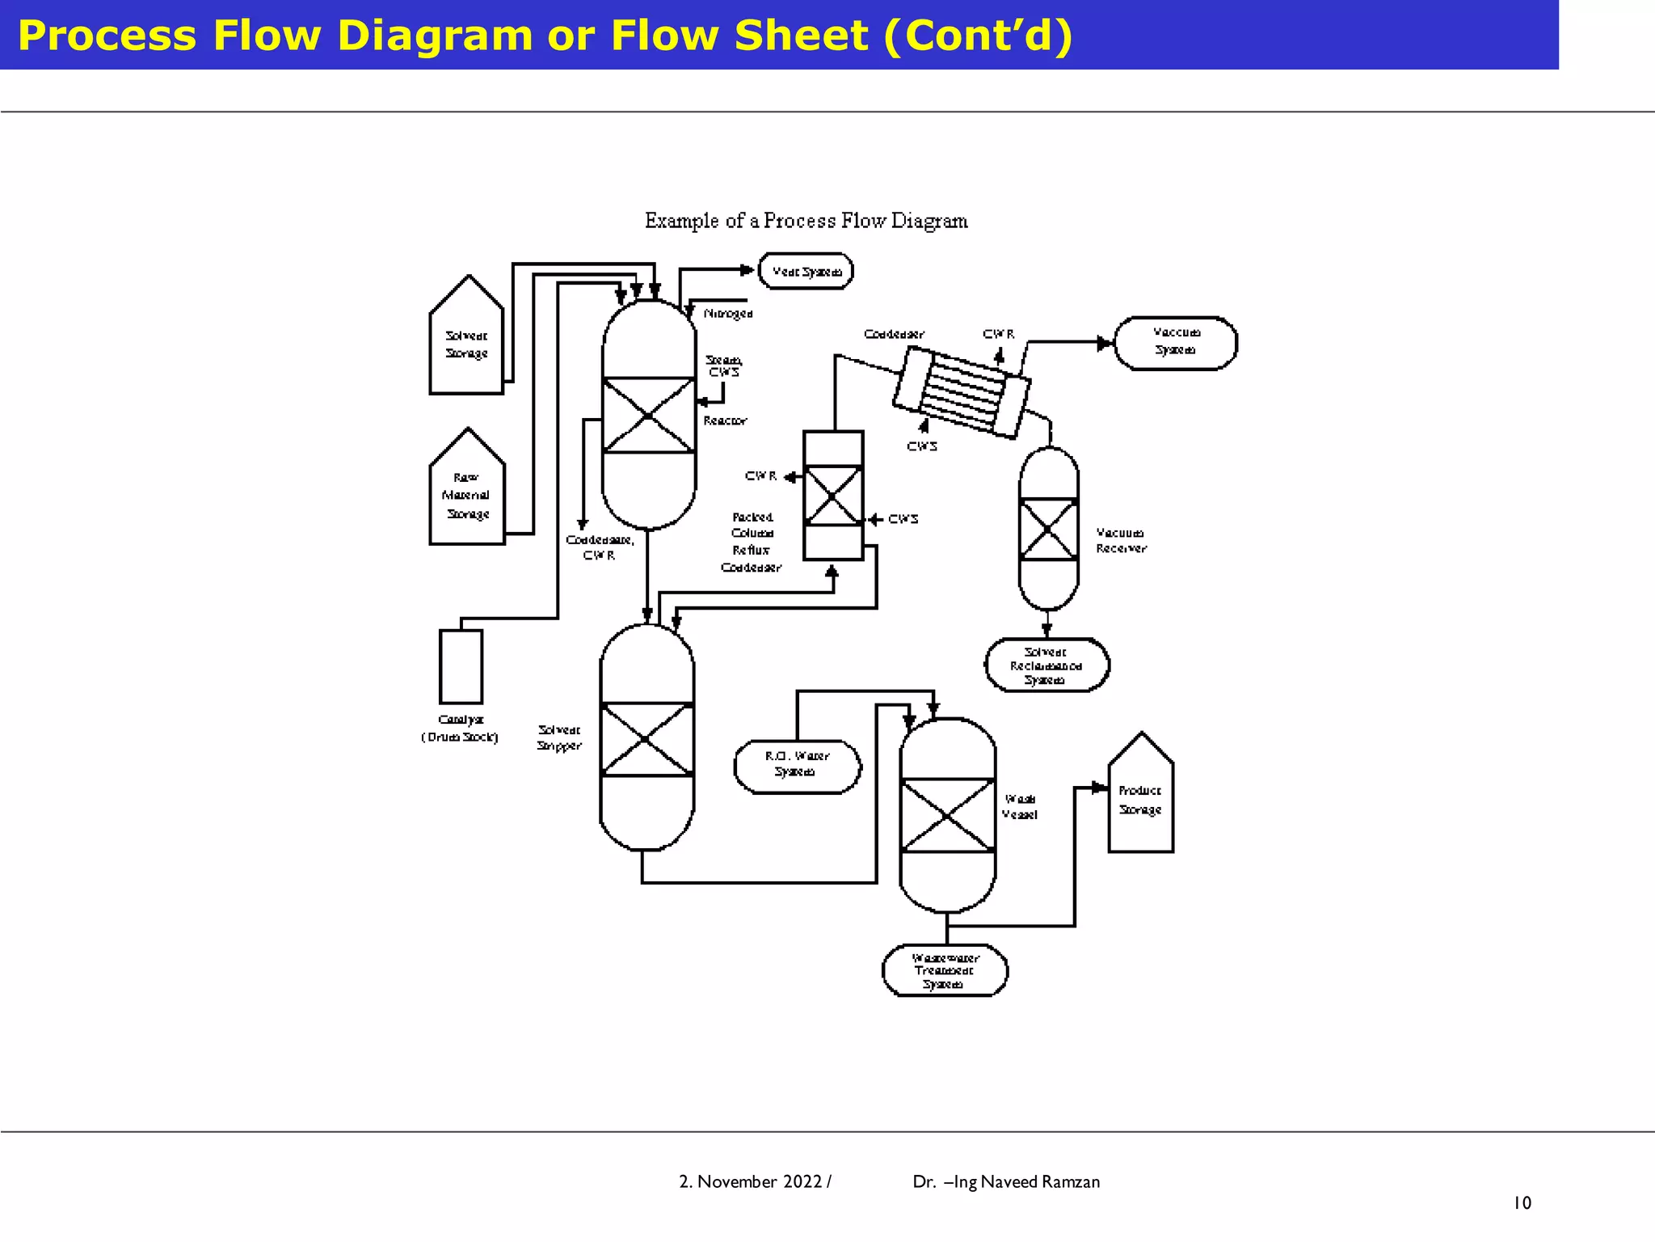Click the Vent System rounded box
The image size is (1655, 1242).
click(x=806, y=271)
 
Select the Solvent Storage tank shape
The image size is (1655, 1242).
click(x=466, y=344)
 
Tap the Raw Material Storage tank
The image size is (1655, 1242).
click(x=467, y=495)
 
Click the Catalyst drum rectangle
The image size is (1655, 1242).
click(x=461, y=667)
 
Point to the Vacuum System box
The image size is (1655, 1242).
click(x=1175, y=343)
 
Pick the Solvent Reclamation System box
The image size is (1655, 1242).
click(x=1046, y=665)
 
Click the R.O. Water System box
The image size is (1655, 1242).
click(x=797, y=765)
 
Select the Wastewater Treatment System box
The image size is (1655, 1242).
click(x=945, y=970)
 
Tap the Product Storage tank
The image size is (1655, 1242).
click(x=1140, y=801)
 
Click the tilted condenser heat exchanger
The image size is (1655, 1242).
click(x=962, y=392)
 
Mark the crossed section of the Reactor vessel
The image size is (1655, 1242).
click(x=649, y=416)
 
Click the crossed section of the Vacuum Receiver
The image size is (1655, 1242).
click(x=1048, y=530)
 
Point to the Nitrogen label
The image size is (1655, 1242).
click(x=727, y=314)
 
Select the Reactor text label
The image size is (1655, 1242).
click(x=725, y=420)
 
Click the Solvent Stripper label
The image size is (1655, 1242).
click(x=559, y=737)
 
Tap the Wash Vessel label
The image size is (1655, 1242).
click(x=1020, y=806)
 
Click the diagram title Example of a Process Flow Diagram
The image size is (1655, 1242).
click(x=806, y=221)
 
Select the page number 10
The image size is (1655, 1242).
click(x=1522, y=1203)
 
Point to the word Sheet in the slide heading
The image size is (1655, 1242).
click(x=801, y=36)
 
